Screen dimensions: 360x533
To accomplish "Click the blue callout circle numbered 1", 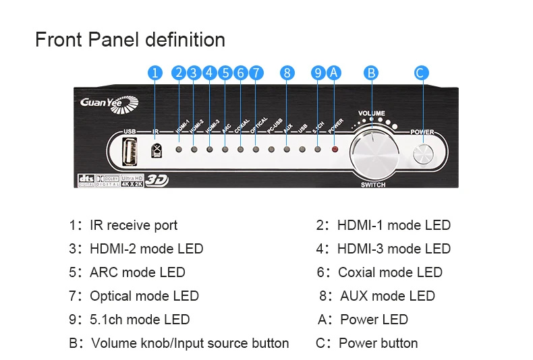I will (x=156, y=73).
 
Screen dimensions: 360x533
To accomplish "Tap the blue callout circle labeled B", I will (x=370, y=73).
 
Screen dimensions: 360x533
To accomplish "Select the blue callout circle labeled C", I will (x=421, y=73).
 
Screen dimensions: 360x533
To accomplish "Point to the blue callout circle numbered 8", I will (x=287, y=73).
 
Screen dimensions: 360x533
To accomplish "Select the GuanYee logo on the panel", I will (x=109, y=102).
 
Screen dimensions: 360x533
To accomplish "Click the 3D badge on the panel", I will (x=156, y=180).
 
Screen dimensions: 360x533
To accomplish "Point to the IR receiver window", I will (x=157, y=149).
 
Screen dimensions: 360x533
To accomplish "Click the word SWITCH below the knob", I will (x=373, y=184).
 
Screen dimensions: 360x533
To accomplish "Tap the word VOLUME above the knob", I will (x=372, y=113).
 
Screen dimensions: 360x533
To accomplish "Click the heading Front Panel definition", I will (x=130, y=40).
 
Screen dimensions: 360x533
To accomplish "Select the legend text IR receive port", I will (x=134, y=225).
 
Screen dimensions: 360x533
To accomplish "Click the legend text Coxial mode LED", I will (x=390, y=272).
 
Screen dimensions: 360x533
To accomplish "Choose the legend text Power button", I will (x=378, y=343).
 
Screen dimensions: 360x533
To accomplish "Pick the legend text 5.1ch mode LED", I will (x=140, y=320).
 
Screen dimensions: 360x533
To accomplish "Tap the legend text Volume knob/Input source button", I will (x=190, y=343).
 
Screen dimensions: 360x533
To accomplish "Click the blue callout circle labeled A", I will (x=333, y=73).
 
